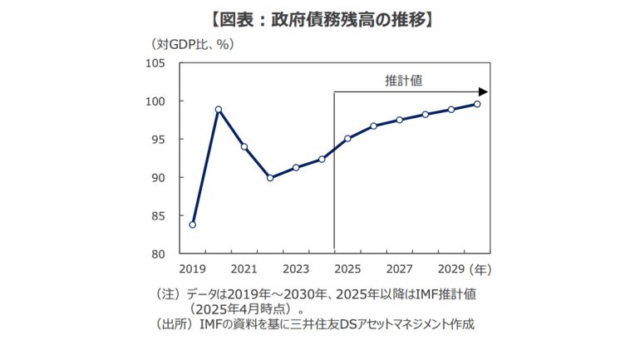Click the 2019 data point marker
coord(193,224)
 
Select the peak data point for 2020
coord(219,109)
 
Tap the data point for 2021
coord(244,146)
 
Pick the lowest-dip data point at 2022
coord(270,178)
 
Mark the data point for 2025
coord(347,138)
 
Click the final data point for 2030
coord(477,104)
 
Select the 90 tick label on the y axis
coord(158,178)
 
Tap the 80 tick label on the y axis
coord(158,254)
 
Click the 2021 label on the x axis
coord(244,269)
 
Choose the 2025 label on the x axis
coord(347,269)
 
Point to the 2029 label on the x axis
coord(451,269)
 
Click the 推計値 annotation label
coord(405,80)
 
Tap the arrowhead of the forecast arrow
coord(483,91)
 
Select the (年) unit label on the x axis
coord(482,269)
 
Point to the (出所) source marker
coord(174,323)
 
